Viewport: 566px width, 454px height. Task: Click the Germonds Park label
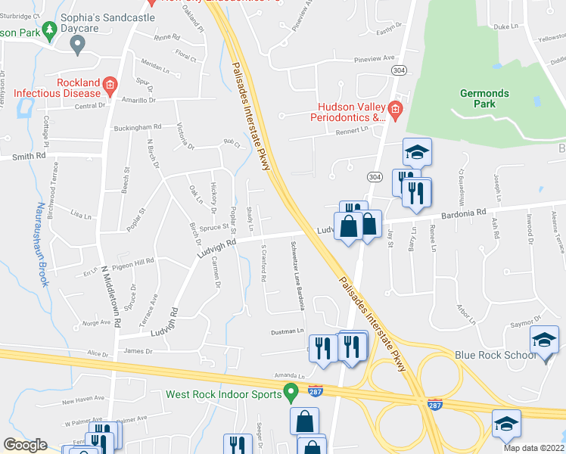485,98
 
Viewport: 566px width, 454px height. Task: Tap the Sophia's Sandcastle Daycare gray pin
76,45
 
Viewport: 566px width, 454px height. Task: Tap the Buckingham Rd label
138,127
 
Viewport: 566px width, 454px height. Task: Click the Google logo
25,445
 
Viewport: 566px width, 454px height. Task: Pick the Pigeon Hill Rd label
132,260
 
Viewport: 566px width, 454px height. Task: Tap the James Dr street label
138,351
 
